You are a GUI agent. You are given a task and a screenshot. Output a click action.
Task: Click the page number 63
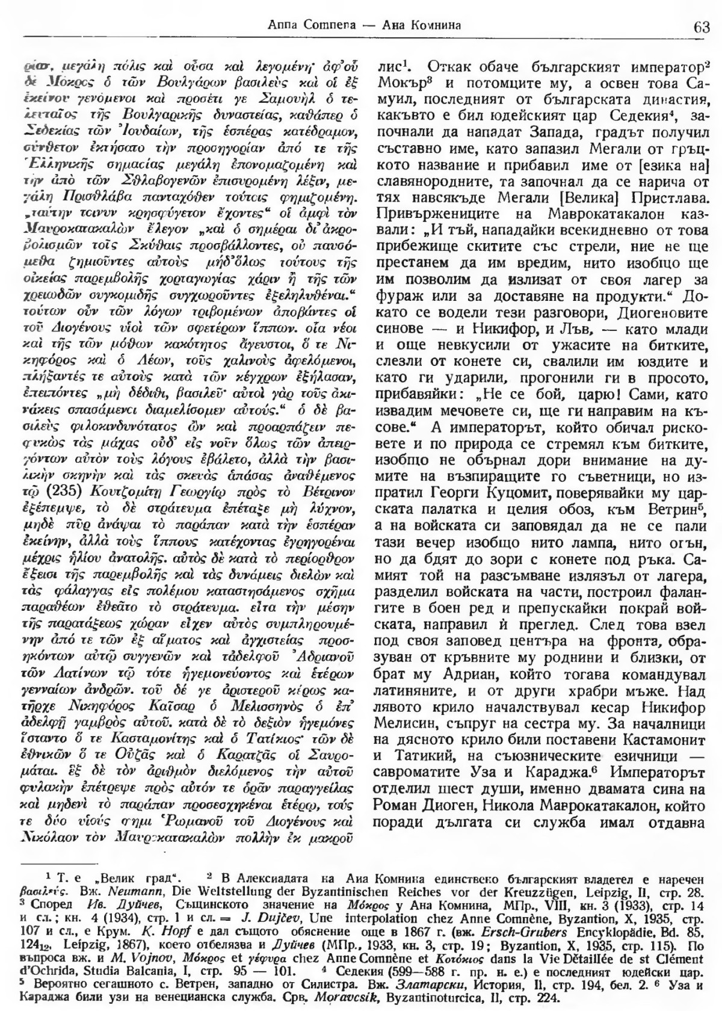click(702, 27)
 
